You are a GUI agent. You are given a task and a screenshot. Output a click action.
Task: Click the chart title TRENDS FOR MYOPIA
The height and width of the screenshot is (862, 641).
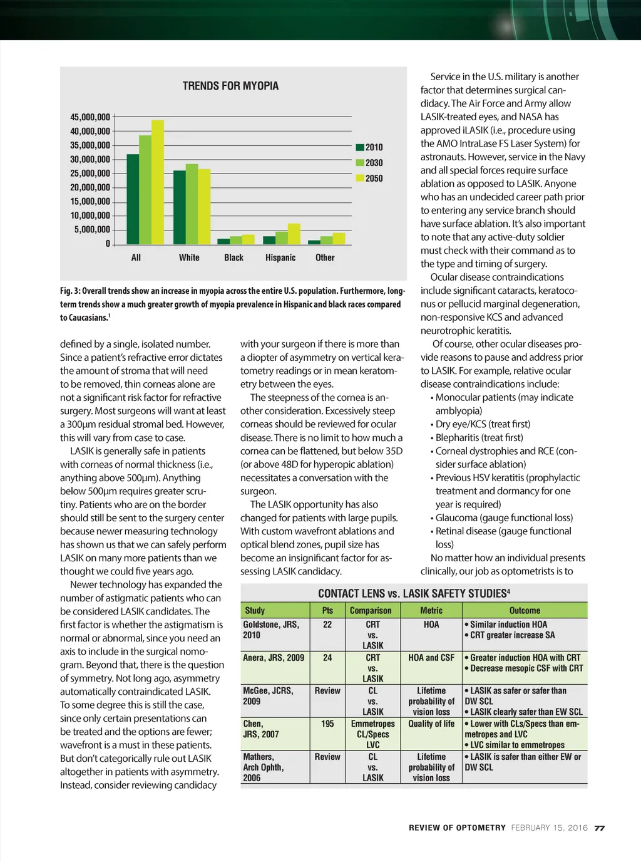[x=230, y=86]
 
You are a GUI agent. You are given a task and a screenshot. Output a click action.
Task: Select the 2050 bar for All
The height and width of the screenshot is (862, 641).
[x=158, y=182]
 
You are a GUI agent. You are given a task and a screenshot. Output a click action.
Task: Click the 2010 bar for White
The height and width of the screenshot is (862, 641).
[x=179, y=207]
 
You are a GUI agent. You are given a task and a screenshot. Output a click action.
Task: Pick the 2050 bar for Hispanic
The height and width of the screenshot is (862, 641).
[x=294, y=234]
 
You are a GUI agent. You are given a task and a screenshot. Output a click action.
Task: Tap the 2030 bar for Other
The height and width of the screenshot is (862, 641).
[x=326, y=240]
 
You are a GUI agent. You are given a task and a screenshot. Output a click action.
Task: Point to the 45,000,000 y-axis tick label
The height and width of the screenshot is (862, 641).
[x=90, y=117]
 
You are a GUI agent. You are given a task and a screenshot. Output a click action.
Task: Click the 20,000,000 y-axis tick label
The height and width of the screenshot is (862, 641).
[x=90, y=187]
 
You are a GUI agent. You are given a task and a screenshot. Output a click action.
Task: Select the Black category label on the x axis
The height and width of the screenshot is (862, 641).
[x=233, y=257]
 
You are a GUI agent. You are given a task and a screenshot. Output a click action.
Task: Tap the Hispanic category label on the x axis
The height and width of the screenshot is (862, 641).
[x=280, y=257]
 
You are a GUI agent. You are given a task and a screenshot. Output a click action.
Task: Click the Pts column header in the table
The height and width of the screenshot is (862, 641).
[x=327, y=610]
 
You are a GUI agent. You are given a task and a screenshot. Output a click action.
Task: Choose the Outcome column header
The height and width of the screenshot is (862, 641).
[x=525, y=610]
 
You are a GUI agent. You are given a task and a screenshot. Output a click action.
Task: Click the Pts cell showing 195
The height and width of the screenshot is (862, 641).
[x=327, y=724]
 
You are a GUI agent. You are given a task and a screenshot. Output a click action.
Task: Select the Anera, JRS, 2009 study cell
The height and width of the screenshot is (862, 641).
[x=274, y=658]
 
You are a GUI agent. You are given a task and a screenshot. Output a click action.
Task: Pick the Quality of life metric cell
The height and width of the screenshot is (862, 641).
[x=431, y=724]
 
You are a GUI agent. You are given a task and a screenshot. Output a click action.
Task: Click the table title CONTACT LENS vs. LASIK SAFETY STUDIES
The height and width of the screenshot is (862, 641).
[x=414, y=593]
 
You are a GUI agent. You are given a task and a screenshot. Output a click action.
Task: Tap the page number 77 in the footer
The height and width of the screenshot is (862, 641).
[x=599, y=828]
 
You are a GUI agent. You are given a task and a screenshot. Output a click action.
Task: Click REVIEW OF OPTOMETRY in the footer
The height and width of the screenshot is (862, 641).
[x=457, y=828]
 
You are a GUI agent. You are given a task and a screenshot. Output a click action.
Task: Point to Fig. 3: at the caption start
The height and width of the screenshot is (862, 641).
[x=70, y=291]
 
